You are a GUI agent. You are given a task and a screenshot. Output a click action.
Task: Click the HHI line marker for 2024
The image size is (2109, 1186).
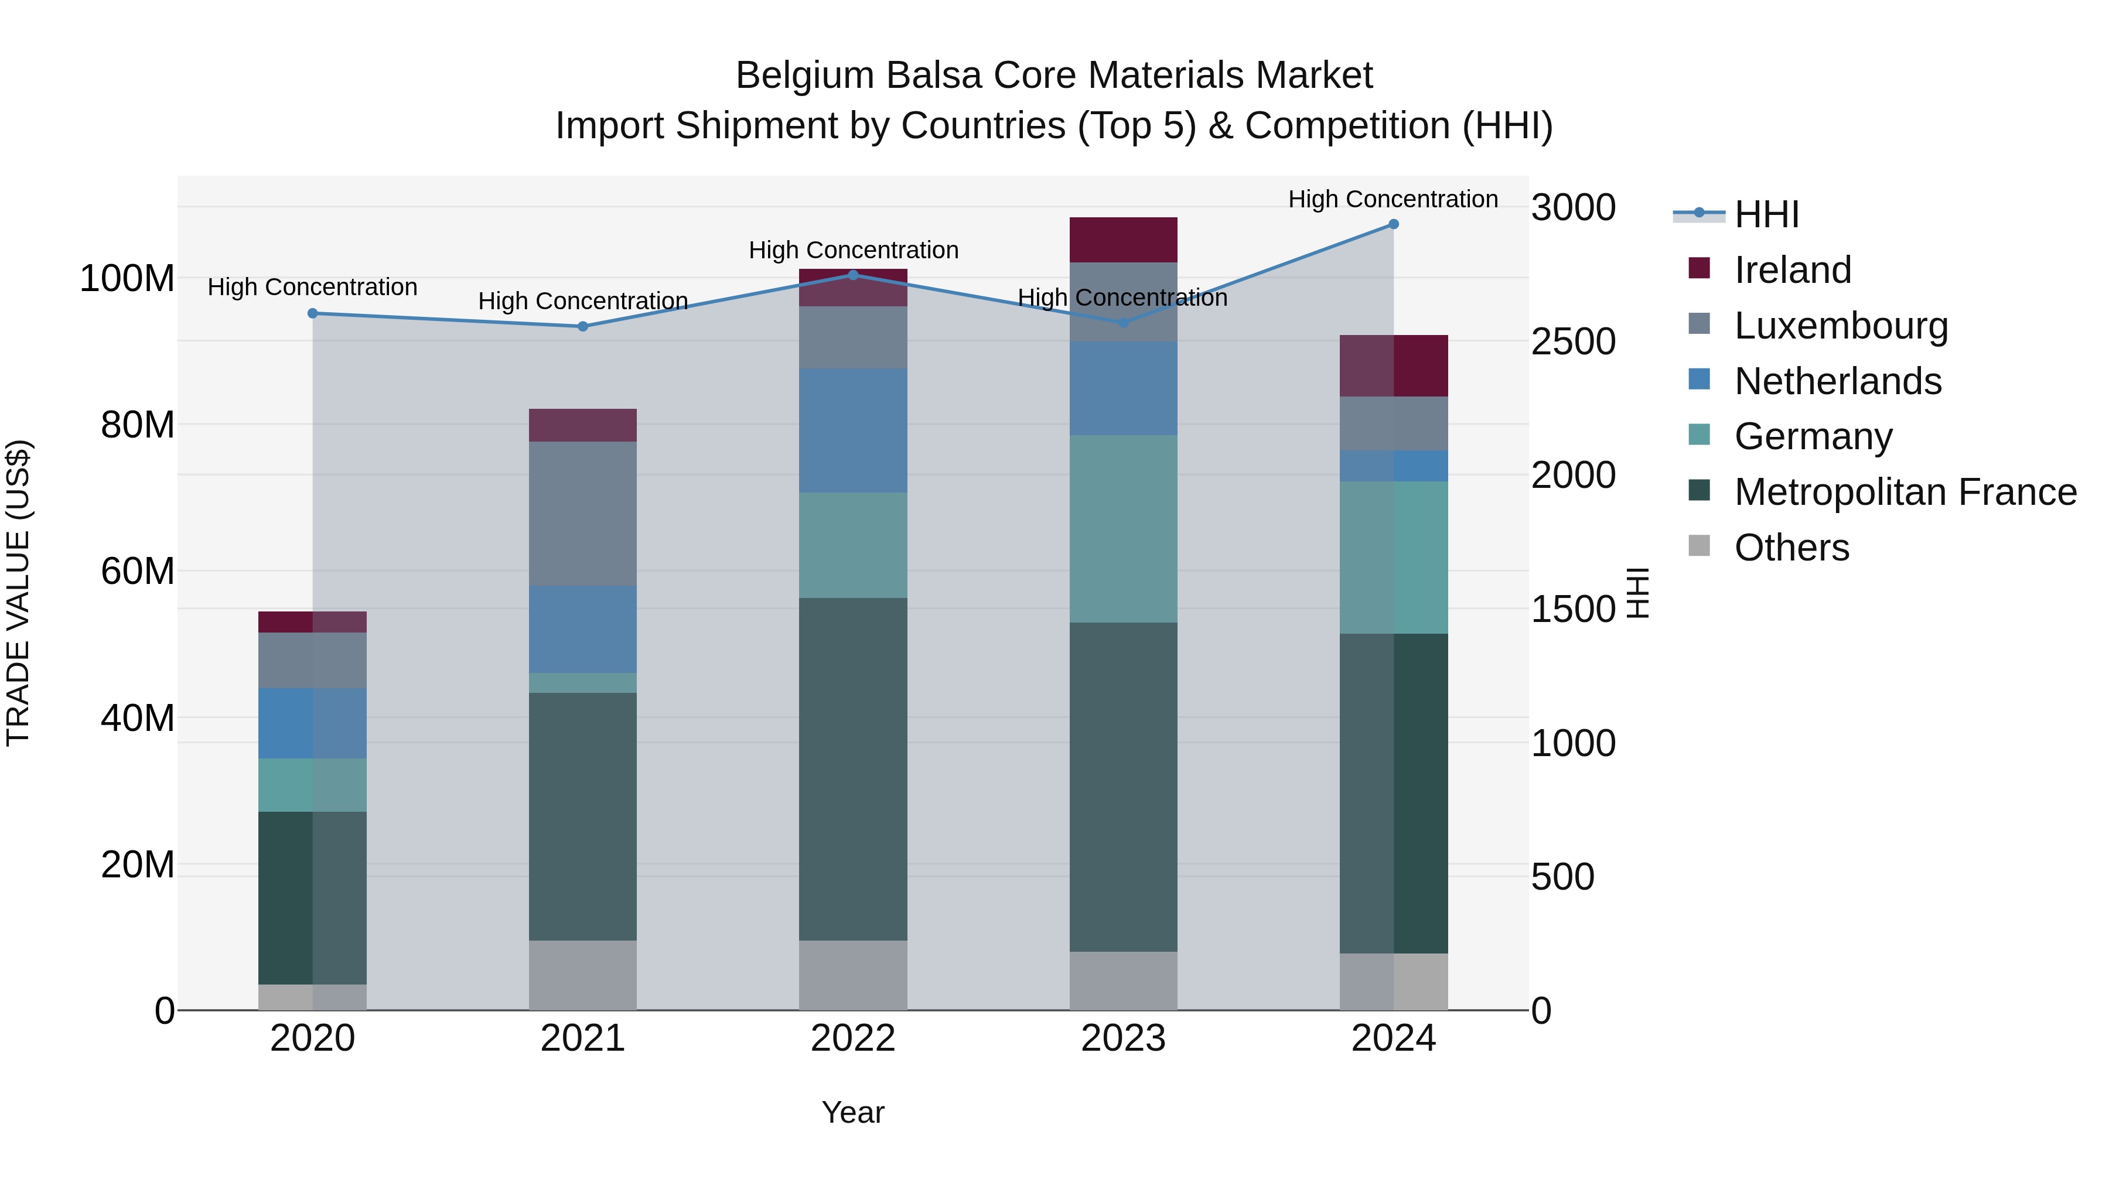click(x=1394, y=224)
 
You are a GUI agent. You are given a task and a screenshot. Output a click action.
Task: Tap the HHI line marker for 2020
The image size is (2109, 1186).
click(x=313, y=313)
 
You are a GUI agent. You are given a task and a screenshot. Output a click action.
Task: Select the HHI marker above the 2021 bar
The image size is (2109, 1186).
click(x=583, y=327)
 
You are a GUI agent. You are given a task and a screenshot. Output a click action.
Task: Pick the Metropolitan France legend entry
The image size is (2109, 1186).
click(x=1905, y=492)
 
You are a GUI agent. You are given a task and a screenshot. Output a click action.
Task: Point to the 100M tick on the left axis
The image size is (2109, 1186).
click(x=127, y=279)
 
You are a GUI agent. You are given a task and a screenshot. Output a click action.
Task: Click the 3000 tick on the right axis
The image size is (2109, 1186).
click(x=1573, y=208)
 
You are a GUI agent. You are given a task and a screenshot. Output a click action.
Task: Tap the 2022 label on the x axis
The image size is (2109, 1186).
click(x=853, y=1038)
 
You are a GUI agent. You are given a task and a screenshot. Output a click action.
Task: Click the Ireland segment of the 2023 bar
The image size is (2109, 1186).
click(x=1123, y=240)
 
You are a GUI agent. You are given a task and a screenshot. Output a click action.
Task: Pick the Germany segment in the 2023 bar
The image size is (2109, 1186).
click(x=1123, y=529)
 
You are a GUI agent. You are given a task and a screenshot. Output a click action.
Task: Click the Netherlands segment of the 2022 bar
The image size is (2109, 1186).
click(x=853, y=430)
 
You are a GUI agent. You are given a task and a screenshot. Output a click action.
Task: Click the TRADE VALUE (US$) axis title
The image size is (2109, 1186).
click(x=19, y=593)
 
